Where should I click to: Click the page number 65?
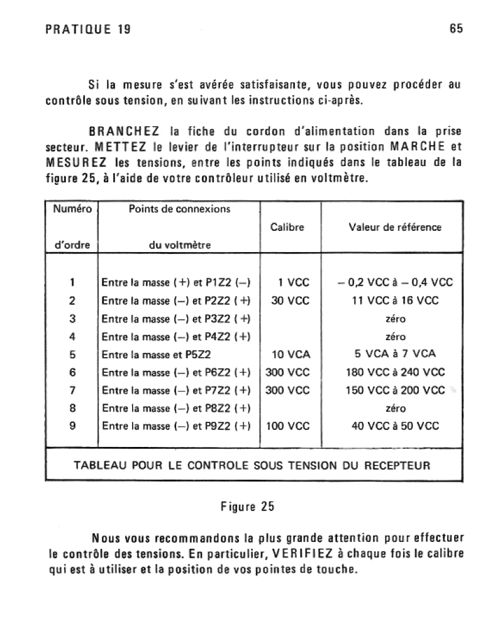(457, 29)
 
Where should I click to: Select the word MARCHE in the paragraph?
(418, 146)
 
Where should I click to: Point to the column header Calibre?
(287, 227)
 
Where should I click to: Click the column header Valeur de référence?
(395, 227)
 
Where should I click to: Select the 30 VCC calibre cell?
(290, 301)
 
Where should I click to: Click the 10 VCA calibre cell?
(290, 354)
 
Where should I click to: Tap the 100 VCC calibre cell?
(288, 426)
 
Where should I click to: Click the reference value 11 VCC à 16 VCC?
(395, 301)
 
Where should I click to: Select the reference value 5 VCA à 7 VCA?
(395, 354)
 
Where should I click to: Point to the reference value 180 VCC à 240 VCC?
(395, 372)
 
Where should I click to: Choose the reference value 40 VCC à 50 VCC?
(395, 426)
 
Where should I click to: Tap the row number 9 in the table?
(72, 426)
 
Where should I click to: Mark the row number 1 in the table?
(72, 282)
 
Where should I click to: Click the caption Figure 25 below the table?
(247, 506)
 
